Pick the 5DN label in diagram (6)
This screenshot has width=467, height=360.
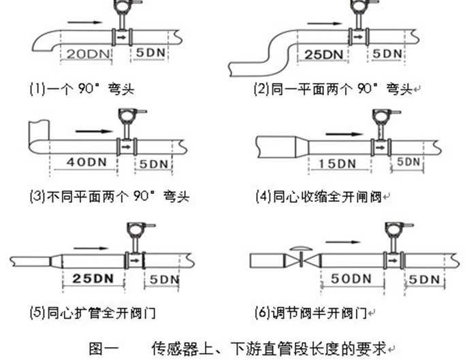[x=423, y=279]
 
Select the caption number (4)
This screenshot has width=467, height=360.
[x=263, y=197]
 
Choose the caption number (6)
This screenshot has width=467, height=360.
[x=263, y=314]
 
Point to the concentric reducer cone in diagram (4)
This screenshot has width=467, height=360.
[x=299, y=146]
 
